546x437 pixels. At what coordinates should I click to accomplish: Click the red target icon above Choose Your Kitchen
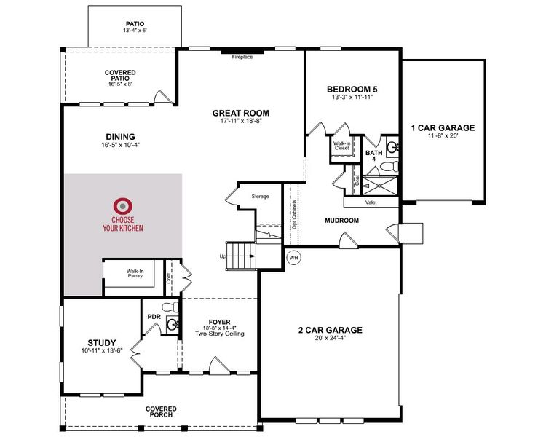point(122,206)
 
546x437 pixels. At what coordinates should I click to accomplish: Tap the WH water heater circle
point(294,257)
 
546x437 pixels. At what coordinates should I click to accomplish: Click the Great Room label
point(241,113)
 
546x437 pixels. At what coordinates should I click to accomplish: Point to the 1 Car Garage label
point(442,128)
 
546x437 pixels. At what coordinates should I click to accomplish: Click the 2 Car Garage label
point(330,330)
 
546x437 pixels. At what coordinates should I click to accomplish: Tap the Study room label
point(101,342)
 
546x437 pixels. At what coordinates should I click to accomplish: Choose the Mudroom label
point(342,220)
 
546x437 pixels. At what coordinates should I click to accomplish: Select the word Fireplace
point(242,57)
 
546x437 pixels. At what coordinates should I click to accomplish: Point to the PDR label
point(154,317)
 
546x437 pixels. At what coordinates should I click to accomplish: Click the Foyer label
point(219,319)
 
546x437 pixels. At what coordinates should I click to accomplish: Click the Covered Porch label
point(161,412)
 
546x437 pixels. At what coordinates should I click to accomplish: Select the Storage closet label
point(261,196)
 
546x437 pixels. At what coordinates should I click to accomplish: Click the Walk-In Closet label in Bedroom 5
point(342,146)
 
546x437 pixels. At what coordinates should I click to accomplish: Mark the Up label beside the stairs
point(222,256)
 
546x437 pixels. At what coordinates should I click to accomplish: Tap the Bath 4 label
point(374,157)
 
